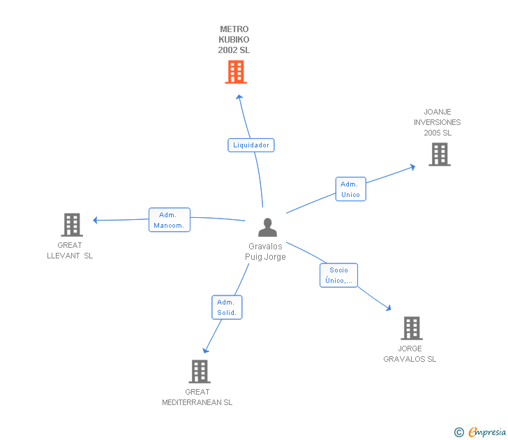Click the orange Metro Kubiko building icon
pyautogui.click(x=236, y=72)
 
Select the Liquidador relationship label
pyautogui.click(x=251, y=145)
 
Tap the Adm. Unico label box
pyautogui.click(x=350, y=189)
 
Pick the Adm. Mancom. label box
pyautogui.click(x=170, y=220)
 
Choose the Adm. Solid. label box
pyautogui.click(x=227, y=307)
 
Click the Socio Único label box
pyautogui.click(x=339, y=275)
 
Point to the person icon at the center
pyautogui.click(x=267, y=228)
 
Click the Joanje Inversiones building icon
pyautogui.click(x=439, y=154)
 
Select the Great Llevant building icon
pyautogui.click(x=72, y=225)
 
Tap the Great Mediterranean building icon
pyautogui.click(x=200, y=372)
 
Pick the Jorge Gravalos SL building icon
pyautogui.click(x=412, y=328)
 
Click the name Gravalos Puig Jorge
pyautogui.click(x=265, y=251)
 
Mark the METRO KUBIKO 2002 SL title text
pyautogui.click(x=234, y=40)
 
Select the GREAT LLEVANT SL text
pyautogui.click(x=70, y=250)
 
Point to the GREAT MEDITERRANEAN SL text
pyautogui.click(x=197, y=397)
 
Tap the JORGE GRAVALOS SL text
pyautogui.click(x=410, y=354)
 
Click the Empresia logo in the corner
pyautogui.click(x=481, y=432)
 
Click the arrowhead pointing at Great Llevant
pyautogui.click(x=96, y=220)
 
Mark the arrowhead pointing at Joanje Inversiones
pyautogui.click(x=412, y=166)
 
